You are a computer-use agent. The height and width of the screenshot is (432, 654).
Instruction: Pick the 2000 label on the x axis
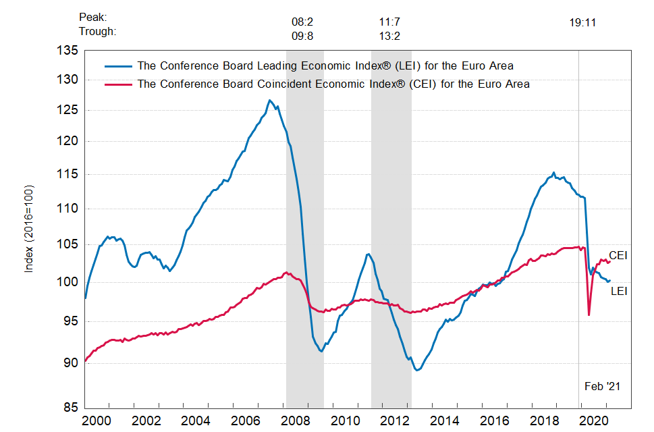(x=97, y=421)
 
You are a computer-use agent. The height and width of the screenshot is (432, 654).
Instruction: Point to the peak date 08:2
(x=302, y=22)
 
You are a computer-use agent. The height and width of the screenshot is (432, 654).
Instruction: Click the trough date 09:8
(x=302, y=35)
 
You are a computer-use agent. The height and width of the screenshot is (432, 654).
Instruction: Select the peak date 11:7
(x=390, y=22)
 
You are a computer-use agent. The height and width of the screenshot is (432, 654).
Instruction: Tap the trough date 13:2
(x=390, y=35)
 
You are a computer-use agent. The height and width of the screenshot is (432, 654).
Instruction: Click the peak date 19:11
(x=582, y=22)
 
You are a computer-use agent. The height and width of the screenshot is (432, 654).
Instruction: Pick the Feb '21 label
(x=602, y=386)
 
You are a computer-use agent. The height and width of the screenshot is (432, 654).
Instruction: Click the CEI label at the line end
(x=618, y=255)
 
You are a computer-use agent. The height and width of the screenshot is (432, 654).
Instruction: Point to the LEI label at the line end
(x=620, y=291)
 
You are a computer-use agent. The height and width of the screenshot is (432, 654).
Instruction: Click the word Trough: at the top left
(x=97, y=31)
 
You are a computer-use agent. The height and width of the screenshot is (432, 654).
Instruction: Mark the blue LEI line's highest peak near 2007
(x=269, y=101)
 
